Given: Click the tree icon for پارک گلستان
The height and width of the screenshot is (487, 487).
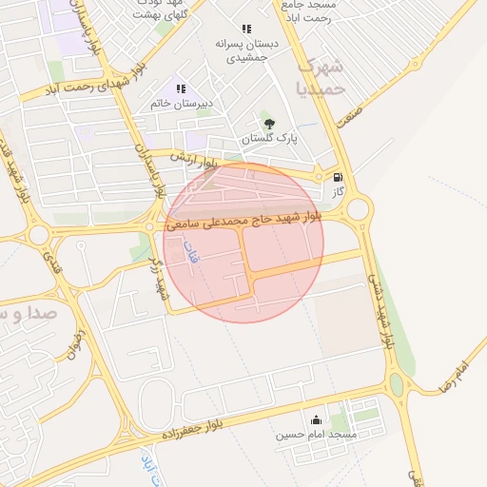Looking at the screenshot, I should (x=269, y=123).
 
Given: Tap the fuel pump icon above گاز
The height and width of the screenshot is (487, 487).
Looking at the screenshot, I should (x=337, y=177).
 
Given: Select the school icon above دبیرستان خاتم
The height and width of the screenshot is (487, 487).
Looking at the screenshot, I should (x=181, y=89).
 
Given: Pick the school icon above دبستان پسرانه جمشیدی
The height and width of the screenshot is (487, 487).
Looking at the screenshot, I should (x=247, y=29).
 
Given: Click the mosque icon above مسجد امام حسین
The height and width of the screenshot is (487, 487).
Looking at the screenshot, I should (x=316, y=420).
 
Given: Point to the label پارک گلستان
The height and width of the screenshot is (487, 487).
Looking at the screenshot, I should (x=269, y=139).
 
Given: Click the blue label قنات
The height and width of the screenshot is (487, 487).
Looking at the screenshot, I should (x=191, y=254).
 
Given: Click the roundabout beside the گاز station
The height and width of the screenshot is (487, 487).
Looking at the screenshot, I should (x=358, y=209).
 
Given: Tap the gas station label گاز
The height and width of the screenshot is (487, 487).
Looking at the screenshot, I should (x=338, y=192).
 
